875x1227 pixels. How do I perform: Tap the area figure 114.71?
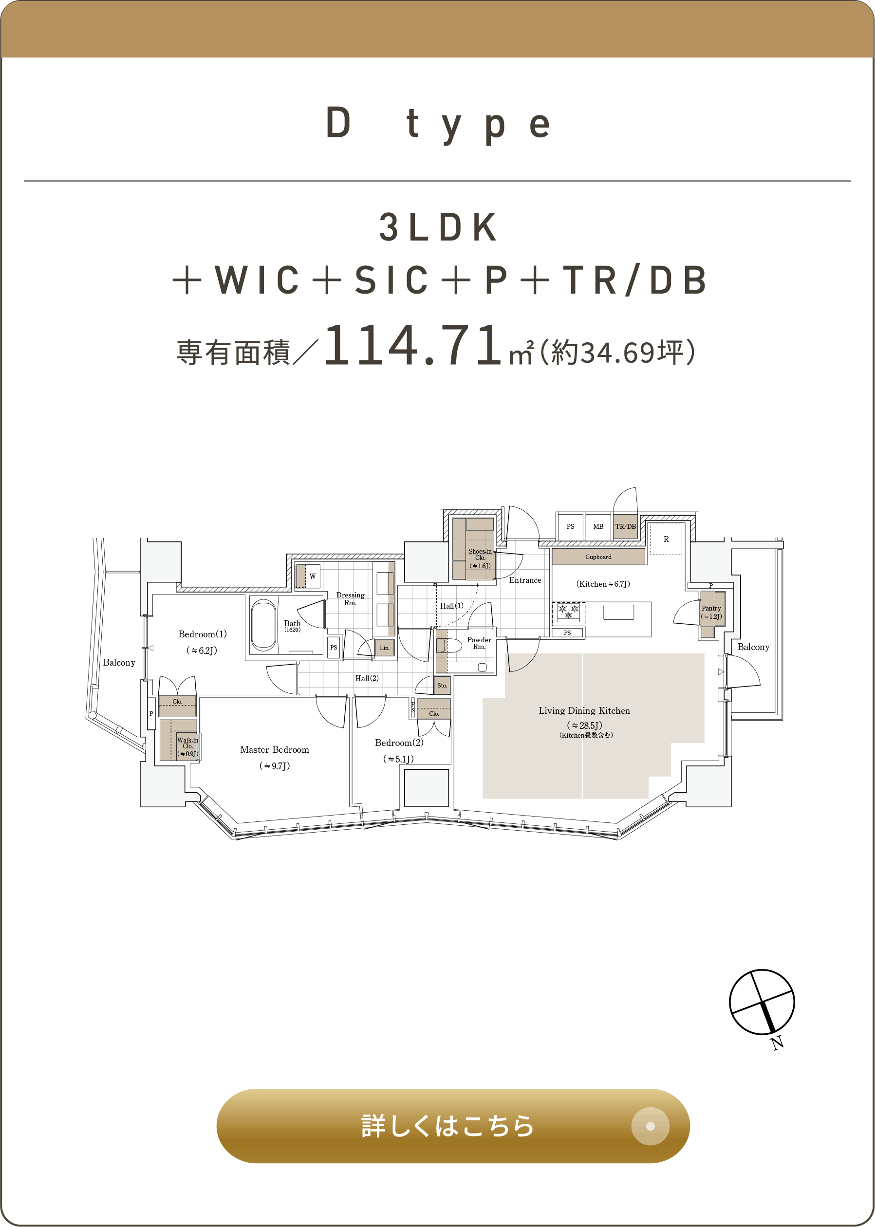(413, 345)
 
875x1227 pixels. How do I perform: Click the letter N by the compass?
(777, 1043)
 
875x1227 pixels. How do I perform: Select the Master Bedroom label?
(275, 750)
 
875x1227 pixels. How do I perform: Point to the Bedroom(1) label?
(203, 634)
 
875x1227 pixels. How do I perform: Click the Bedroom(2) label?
(399, 743)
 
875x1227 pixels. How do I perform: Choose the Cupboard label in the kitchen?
(598, 557)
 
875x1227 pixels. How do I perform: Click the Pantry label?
(711, 608)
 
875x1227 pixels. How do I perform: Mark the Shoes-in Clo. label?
(480, 555)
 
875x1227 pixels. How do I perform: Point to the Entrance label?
(525, 580)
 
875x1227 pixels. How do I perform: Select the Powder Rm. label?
(479, 643)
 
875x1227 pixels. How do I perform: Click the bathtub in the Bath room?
(263, 625)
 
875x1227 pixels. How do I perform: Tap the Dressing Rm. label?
(350, 599)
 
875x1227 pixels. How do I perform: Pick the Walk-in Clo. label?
(187, 744)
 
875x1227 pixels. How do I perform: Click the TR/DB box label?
(626, 526)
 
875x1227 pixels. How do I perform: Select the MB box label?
(598, 526)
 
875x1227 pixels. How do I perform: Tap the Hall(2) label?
(367, 678)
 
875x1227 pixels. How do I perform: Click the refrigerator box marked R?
(666, 539)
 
